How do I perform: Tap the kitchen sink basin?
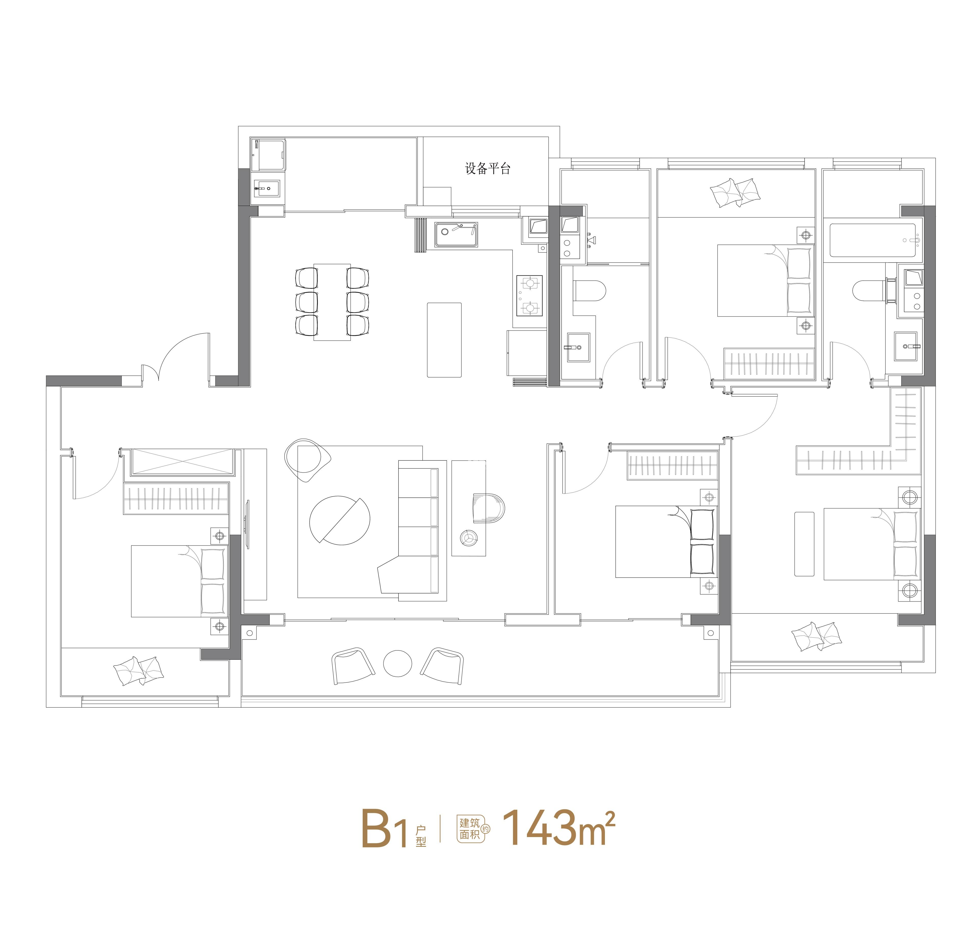(456, 234)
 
